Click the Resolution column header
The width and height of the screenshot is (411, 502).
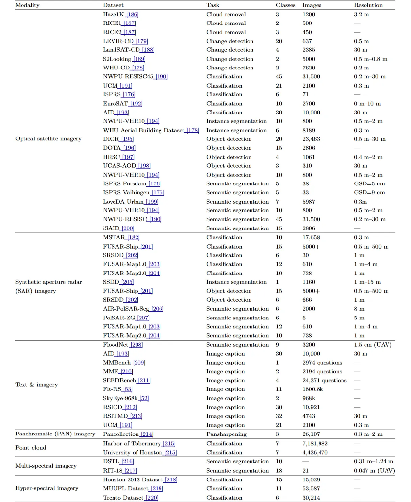(x=368, y=5)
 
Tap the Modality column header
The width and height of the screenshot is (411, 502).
(x=27, y=5)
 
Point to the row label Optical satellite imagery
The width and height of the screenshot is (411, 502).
(x=48, y=139)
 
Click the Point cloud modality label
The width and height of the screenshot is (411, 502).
(x=31, y=448)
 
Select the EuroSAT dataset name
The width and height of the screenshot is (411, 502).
(x=115, y=104)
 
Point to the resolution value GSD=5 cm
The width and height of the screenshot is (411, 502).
(x=370, y=183)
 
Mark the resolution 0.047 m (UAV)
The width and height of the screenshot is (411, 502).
(x=374, y=470)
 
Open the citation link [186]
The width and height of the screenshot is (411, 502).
(x=132, y=15)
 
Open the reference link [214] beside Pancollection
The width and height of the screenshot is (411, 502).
(x=147, y=434)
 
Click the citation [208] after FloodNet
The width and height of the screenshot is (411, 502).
(x=137, y=345)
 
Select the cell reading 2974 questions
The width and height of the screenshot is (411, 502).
(x=322, y=363)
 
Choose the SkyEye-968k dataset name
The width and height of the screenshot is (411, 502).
(x=120, y=398)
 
